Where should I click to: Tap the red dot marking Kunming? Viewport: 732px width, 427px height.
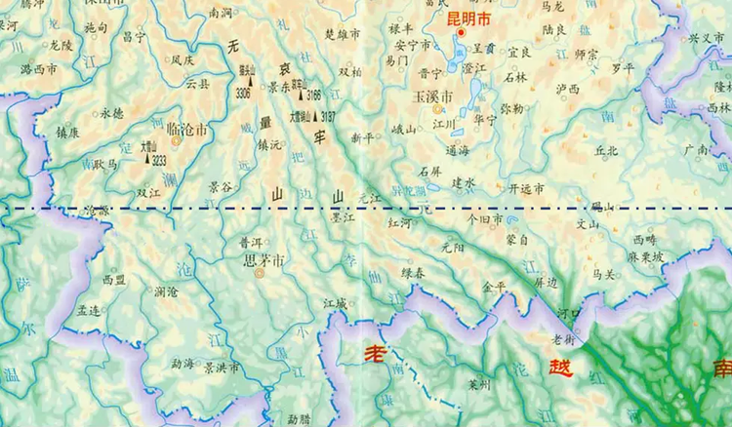461,32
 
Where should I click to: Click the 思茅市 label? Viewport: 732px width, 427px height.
264,261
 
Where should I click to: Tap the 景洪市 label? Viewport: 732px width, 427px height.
222,368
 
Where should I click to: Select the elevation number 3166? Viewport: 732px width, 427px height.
313,96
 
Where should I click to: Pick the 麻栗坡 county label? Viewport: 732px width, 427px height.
645,256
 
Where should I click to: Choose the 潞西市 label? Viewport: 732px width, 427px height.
38,70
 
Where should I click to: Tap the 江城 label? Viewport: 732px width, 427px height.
335,304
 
